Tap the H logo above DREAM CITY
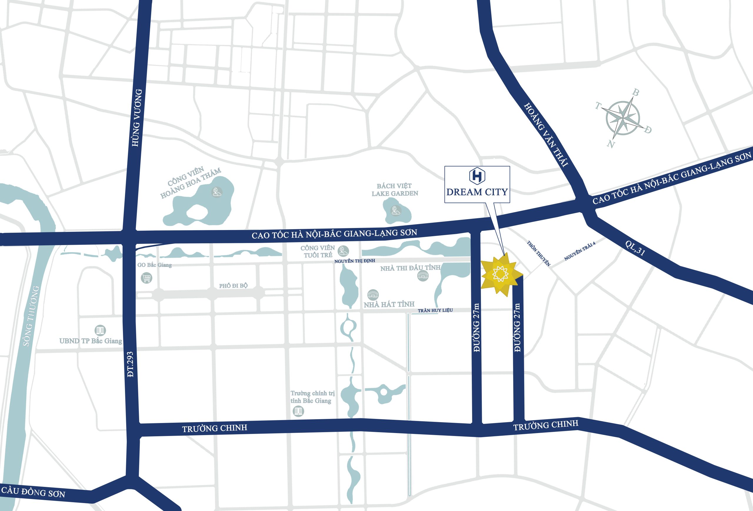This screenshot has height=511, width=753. pyautogui.click(x=477, y=176)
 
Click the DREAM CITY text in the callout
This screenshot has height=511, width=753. pyautogui.click(x=477, y=192)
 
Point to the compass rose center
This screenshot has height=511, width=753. pyautogui.click(x=622, y=118)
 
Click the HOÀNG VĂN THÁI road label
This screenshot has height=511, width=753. pyautogui.click(x=546, y=135)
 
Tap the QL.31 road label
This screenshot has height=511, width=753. pyautogui.click(x=635, y=248)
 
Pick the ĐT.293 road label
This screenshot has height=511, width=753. pyautogui.click(x=130, y=364)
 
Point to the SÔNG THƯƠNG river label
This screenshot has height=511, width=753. pyautogui.click(x=31, y=316)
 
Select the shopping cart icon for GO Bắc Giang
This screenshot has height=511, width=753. pyautogui.click(x=146, y=278)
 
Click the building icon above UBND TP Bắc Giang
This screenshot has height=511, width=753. pyautogui.click(x=100, y=330)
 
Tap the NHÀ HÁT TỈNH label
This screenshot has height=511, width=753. pyautogui.click(x=389, y=304)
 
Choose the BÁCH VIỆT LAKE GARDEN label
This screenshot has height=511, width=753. pyautogui.click(x=395, y=190)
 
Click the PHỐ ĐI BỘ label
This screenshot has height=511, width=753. pyautogui.click(x=233, y=286)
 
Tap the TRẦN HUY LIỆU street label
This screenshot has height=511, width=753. pyautogui.click(x=435, y=310)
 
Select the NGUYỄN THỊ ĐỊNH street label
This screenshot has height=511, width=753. pyautogui.click(x=354, y=261)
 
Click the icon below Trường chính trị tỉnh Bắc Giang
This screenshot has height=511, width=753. pyautogui.click(x=298, y=411)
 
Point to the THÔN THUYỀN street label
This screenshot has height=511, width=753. pyautogui.click(x=539, y=253)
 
